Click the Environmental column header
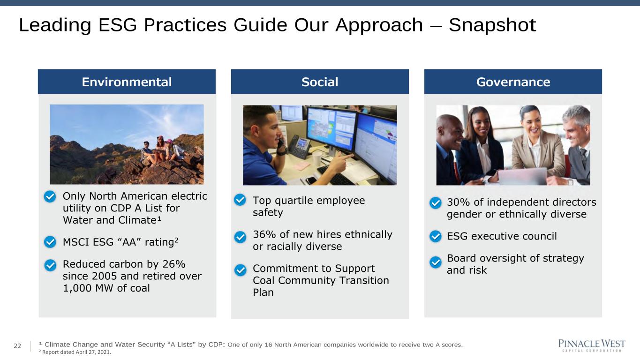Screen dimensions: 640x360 pos(127,82)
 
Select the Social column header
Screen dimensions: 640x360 pos(320,82)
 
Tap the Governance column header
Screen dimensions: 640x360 pos(513,82)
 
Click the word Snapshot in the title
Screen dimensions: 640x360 pos(492,25)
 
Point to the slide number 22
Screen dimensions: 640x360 pos(17,346)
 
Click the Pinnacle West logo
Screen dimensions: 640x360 pos(592,346)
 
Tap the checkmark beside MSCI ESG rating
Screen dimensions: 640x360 pos(50,242)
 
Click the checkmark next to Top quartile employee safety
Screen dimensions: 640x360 pos(240,200)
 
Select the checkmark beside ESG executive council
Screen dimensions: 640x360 pos(436,236)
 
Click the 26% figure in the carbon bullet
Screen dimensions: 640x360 pos(174,264)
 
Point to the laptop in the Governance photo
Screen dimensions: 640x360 pos(522,176)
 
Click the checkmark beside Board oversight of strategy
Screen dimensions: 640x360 pos(436,262)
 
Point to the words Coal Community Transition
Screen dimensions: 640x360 pos(321,281)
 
